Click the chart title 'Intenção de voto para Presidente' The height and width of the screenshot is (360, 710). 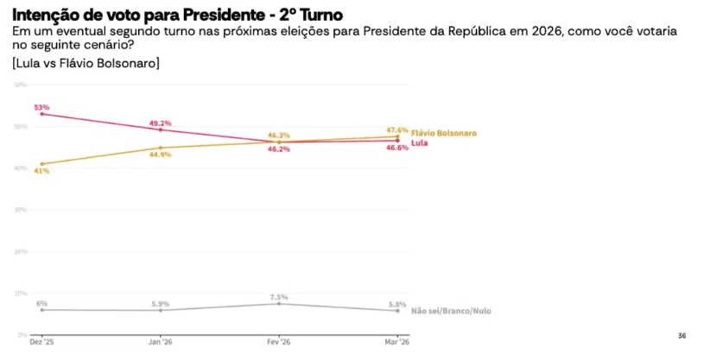(x=177, y=15)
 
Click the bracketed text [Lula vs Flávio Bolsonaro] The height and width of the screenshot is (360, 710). (x=86, y=64)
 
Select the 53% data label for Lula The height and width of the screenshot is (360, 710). (x=41, y=107)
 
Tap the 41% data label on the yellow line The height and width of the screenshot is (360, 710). (x=41, y=171)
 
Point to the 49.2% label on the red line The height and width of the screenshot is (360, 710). (x=161, y=123)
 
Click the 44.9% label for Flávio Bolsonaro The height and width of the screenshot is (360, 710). (x=161, y=155)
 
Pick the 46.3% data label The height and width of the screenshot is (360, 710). (x=279, y=136)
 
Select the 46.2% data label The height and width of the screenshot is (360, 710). (x=279, y=149)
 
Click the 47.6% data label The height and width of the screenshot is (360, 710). (x=397, y=129)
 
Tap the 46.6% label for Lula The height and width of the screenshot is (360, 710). (x=397, y=148)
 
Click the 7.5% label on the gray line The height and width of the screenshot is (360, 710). (x=279, y=296)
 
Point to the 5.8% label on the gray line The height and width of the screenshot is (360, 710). (x=397, y=303)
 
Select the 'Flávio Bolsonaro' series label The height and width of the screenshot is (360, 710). (x=444, y=133)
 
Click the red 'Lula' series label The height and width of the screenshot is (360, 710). (x=421, y=142)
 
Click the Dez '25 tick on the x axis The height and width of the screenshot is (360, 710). (x=41, y=342)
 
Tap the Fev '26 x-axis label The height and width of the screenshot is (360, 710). (x=279, y=342)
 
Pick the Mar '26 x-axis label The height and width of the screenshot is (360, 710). (x=397, y=342)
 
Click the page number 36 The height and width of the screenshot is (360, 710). (x=681, y=335)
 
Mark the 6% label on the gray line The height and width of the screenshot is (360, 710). (x=41, y=303)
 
